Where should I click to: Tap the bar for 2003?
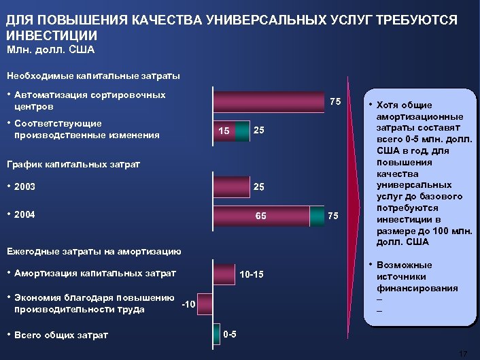(231, 186)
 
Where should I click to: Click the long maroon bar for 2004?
(261, 215)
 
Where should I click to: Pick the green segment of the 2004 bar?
(317, 215)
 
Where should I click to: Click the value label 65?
(260, 216)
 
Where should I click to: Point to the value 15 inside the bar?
(224, 131)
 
